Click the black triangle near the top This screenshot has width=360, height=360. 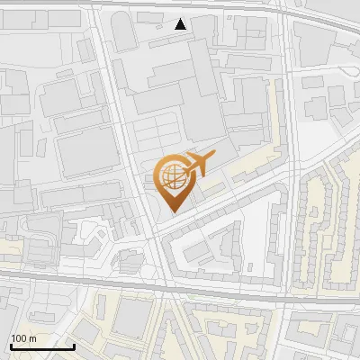click(x=181, y=24)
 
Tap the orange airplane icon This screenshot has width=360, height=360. click(x=197, y=166)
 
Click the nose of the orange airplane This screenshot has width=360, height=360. click(x=213, y=157)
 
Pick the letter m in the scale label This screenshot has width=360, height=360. click(x=32, y=338)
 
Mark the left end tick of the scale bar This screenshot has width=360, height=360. click(x=11, y=346)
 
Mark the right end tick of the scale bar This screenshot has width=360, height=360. click(x=74, y=346)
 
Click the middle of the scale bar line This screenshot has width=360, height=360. click(x=42, y=347)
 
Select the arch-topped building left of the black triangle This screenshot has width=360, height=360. click(x=124, y=34)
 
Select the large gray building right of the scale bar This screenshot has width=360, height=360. click(x=132, y=319)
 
